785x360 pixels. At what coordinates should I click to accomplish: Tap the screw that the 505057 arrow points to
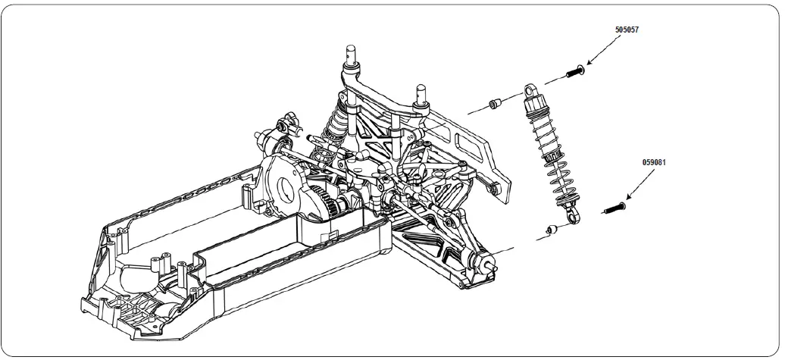click(575, 73)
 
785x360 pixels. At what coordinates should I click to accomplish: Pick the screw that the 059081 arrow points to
click(615, 206)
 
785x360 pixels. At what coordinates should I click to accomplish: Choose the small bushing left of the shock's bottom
click(552, 229)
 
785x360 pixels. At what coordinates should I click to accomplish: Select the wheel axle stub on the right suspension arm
click(489, 265)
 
